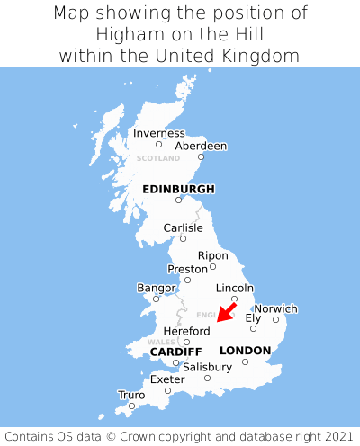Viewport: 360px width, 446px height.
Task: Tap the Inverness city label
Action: tap(158, 133)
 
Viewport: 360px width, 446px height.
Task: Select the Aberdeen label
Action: tap(201, 146)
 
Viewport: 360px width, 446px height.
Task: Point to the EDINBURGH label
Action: tap(178, 189)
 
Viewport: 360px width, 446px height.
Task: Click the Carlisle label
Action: tap(183, 227)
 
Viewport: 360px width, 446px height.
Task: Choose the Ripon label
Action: tap(212, 254)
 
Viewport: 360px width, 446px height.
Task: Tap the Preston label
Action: tap(187, 268)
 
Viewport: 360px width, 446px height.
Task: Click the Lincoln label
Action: tap(234, 288)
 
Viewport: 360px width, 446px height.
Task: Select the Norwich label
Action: tap(275, 308)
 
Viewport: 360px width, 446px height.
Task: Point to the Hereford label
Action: tap(186, 330)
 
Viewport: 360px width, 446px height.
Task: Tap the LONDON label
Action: tap(245, 350)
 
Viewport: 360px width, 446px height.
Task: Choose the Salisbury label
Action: tap(207, 367)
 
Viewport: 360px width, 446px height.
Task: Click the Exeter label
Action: tap(167, 379)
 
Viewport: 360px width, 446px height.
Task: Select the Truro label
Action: tap(131, 395)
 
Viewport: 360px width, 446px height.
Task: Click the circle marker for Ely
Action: tap(253, 328)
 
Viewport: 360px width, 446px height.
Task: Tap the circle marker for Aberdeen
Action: tap(202, 157)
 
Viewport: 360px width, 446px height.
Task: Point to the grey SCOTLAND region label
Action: tap(158, 158)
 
